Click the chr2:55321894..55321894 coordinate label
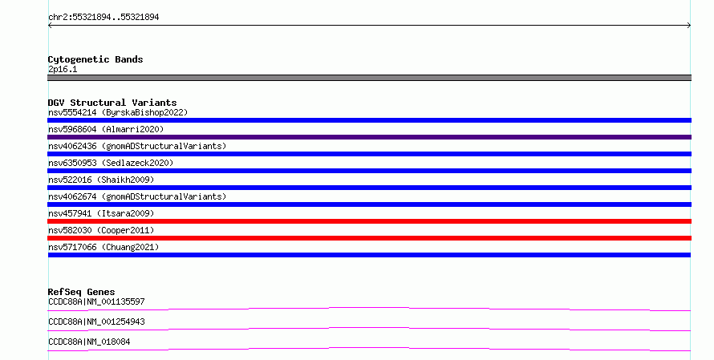[x=103, y=17]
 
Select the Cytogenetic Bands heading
[x=95, y=59]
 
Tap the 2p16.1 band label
[x=63, y=69]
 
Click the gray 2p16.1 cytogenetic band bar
[x=369, y=78]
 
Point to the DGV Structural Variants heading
[x=112, y=103]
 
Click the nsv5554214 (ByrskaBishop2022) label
[x=118, y=112]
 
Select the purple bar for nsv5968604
[x=369, y=137]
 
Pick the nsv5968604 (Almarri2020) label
[x=106, y=129]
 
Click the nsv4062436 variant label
[x=137, y=146]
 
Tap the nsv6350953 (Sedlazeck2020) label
[x=111, y=163]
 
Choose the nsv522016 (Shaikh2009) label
[x=101, y=180]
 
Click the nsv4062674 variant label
[x=137, y=196]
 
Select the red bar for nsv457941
[x=369, y=221]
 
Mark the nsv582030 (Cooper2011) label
[x=101, y=230]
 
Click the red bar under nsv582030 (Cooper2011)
[x=369, y=238]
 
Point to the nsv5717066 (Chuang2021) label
[x=103, y=247]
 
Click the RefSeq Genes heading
[x=81, y=292]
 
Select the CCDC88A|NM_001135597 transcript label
[x=96, y=301]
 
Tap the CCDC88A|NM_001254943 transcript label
[x=96, y=322]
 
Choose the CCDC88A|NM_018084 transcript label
[x=89, y=342]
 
